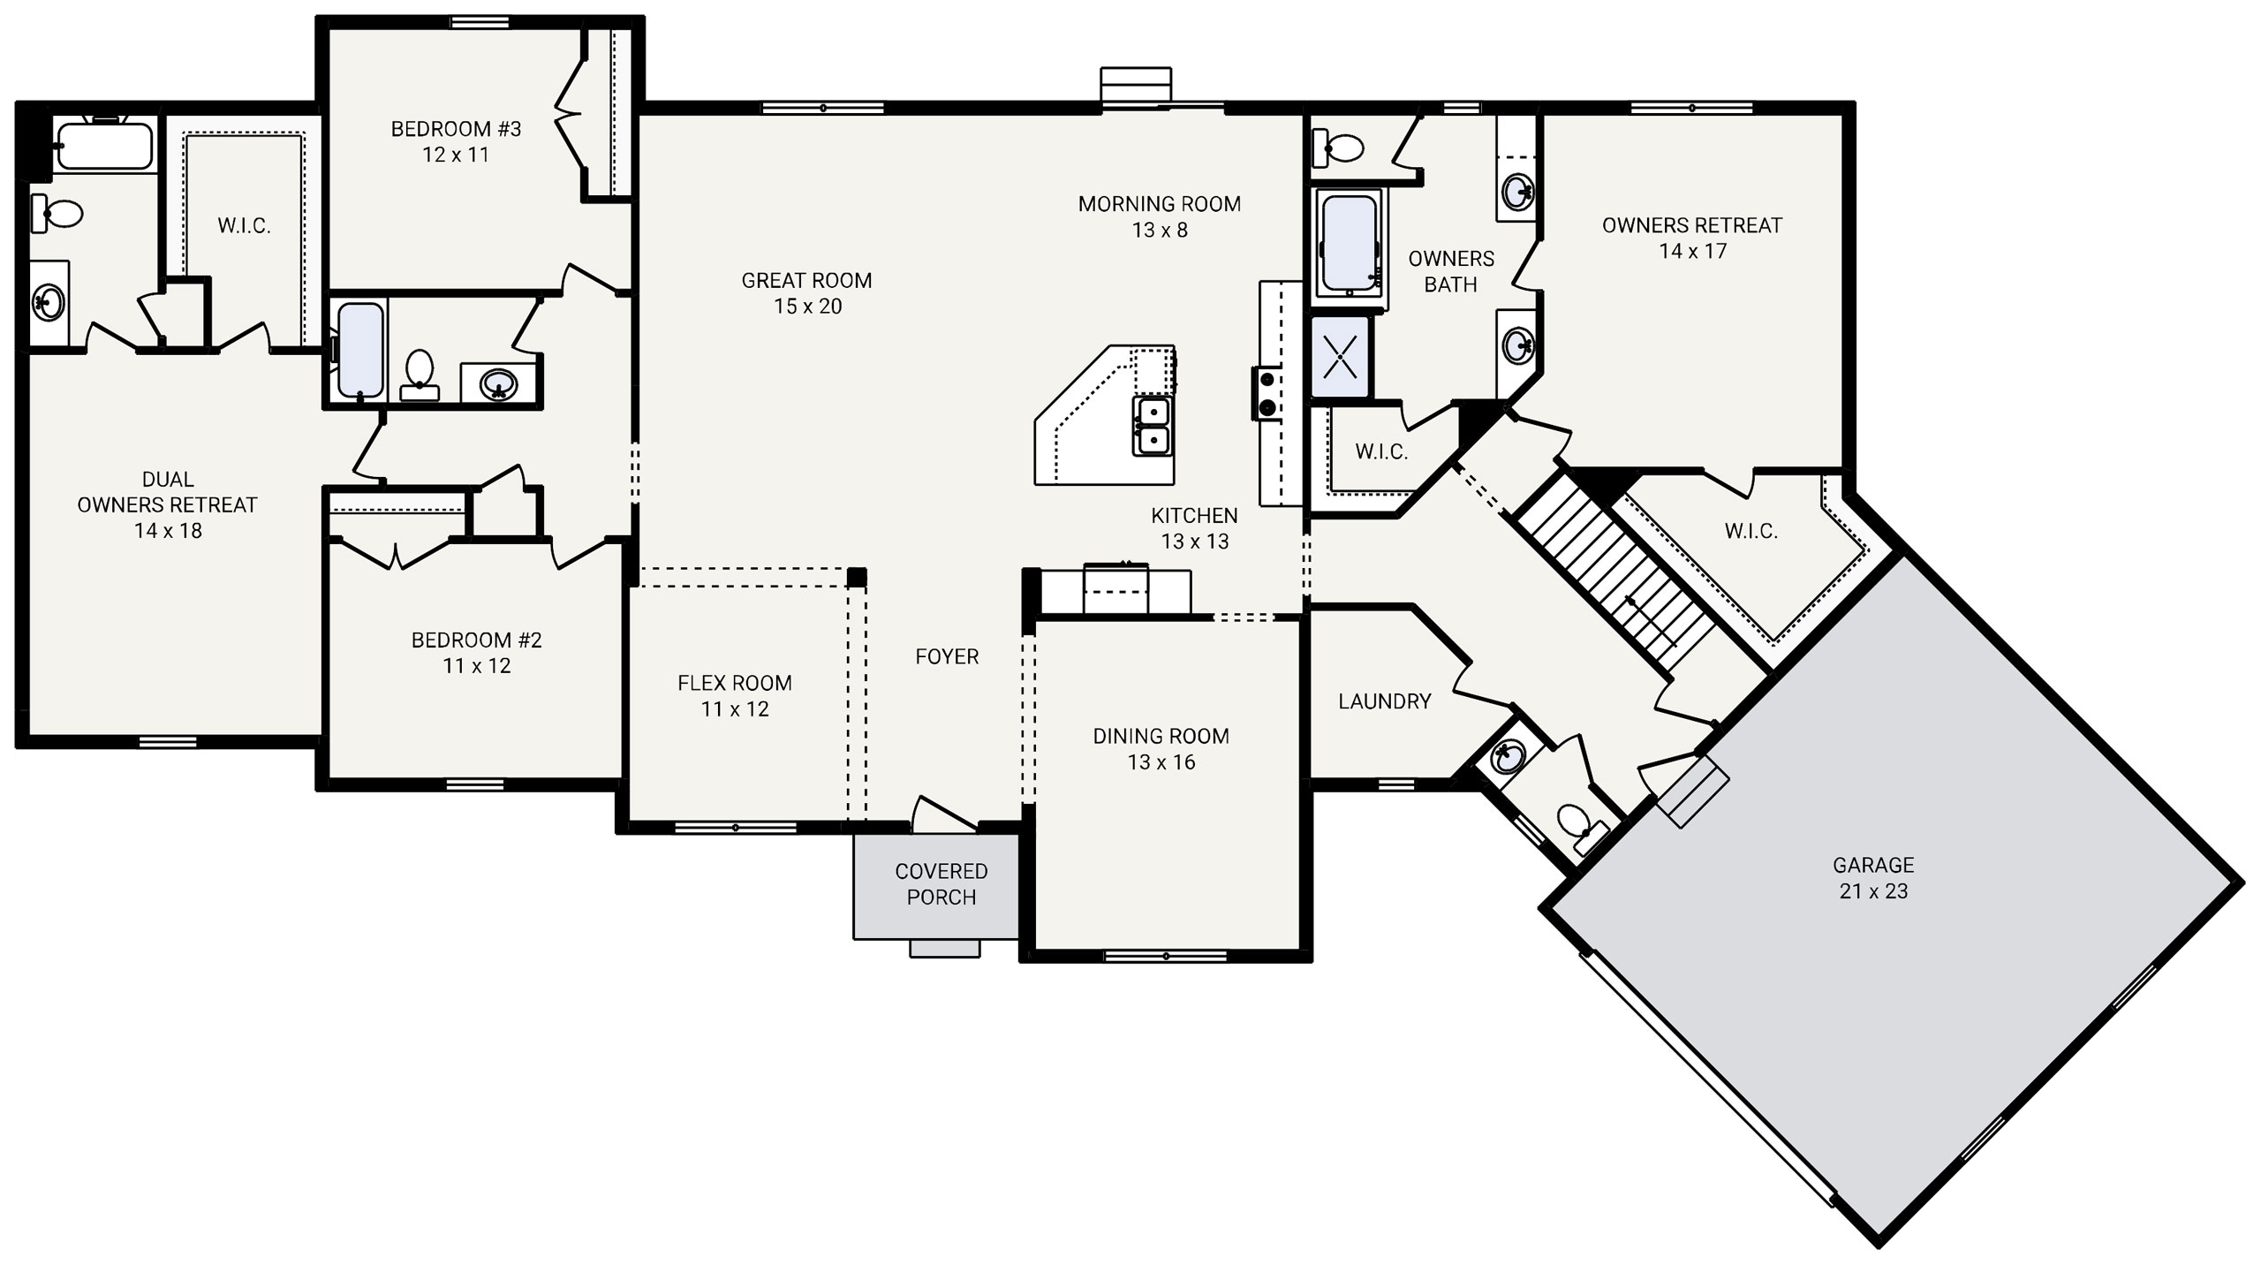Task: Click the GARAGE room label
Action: [x=1872, y=866]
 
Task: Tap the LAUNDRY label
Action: [x=1384, y=701]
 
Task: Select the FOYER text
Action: [x=947, y=657]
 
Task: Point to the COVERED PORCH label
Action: [x=941, y=884]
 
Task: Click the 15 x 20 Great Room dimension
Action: [x=808, y=307]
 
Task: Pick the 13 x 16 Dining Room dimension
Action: [x=1161, y=762]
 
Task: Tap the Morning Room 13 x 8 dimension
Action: [x=1160, y=231]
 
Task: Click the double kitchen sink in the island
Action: [x=1153, y=427]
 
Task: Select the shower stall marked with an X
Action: [x=1340, y=357]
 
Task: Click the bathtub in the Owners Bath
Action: [x=1349, y=244]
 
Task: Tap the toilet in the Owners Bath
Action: [x=1338, y=148]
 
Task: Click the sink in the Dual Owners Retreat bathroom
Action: [x=48, y=301]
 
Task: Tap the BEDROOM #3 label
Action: [x=456, y=130]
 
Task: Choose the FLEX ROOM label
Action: [x=735, y=684]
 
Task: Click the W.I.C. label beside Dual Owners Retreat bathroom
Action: [x=244, y=226]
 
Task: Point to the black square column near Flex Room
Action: [x=856, y=578]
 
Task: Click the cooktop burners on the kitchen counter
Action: [x=1266, y=394]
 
